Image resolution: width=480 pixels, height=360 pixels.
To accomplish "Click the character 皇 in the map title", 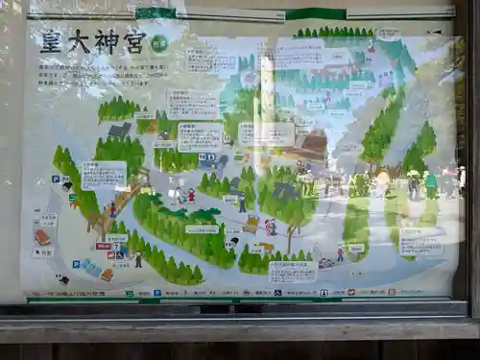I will click(x=51, y=41).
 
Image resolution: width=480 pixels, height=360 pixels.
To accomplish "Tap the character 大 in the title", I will click(x=78, y=41).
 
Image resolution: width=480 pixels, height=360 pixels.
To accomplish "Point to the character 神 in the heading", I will click(x=106, y=41).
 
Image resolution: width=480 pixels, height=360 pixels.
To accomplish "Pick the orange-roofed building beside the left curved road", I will click(x=42, y=237).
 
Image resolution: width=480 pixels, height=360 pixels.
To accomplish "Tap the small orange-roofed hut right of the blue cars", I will click(x=107, y=275).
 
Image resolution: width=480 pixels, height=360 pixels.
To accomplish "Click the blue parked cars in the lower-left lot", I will click(x=90, y=268).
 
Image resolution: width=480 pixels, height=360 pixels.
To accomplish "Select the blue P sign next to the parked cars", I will click(x=76, y=263).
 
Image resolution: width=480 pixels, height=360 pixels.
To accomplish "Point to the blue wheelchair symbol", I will click(x=110, y=254).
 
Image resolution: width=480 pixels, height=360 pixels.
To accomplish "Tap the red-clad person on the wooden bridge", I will click(x=112, y=208).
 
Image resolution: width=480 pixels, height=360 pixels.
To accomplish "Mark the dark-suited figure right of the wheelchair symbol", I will click(x=138, y=259).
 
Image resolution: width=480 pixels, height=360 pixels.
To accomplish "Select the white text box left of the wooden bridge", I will click(x=104, y=174).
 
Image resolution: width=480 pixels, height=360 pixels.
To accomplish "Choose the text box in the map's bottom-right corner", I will click(x=420, y=240).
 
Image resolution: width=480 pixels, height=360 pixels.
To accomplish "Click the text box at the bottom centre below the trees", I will click(x=293, y=272).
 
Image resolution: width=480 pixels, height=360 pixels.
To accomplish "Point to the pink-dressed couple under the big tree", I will click(x=271, y=228).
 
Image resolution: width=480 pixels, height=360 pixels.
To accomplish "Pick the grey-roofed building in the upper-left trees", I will click(x=120, y=130).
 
